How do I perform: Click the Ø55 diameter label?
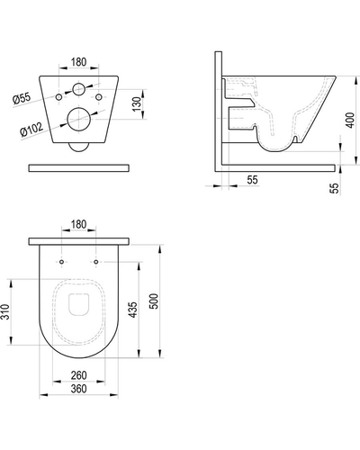(x=22, y=99)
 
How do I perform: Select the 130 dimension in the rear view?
(x=137, y=104)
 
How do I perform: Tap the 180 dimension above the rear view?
(x=78, y=62)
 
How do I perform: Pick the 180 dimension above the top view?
(x=78, y=224)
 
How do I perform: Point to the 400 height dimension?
(x=350, y=121)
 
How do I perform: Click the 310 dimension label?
(x=5, y=312)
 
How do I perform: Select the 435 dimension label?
(x=132, y=310)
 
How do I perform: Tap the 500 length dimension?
(x=154, y=301)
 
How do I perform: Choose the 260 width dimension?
(x=78, y=375)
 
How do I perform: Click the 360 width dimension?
(x=78, y=389)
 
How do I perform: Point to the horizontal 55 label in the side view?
(x=252, y=180)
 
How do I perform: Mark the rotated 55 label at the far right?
(x=334, y=188)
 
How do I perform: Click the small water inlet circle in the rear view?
(x=78, y=89)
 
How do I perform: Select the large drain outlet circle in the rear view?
(x=78, y=119)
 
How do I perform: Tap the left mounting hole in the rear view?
(x=59, y=97)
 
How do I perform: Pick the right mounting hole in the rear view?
(x=99, y=97)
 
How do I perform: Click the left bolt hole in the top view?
(x=61, y=262)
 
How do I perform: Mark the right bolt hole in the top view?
(x=96, y=262)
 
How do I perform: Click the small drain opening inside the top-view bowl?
(x=79, y=304)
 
